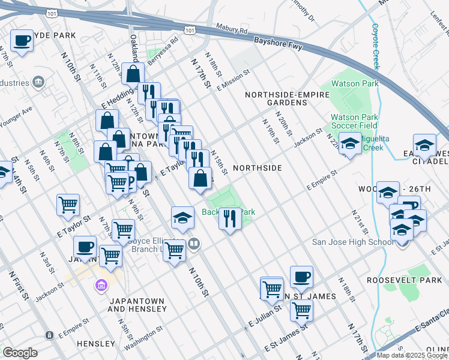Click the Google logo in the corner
click(x=20, y=353)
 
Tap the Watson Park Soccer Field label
click(x=354, y=121)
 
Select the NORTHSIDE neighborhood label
click(x=257, y=168)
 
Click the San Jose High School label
click(x=354, y=242)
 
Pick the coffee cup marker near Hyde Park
click(x=22, y=41)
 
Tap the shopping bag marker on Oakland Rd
click(x=133, y=74)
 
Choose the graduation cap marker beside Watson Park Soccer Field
click(x=350, y=143)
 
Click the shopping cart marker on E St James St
click(x=301, y=311)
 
